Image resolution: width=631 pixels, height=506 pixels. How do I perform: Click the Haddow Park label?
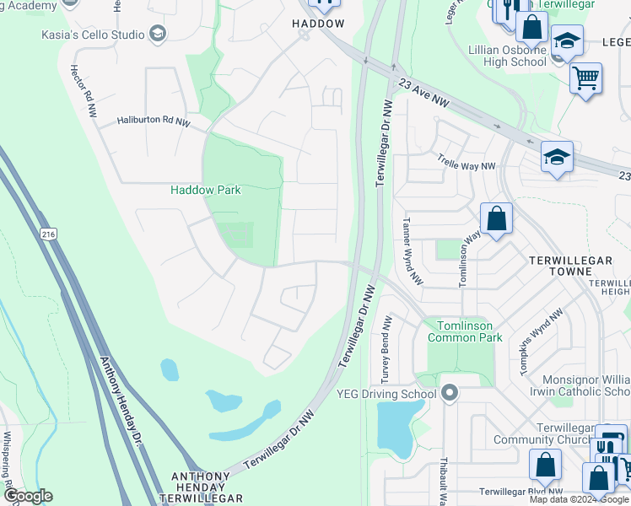coord(206,190)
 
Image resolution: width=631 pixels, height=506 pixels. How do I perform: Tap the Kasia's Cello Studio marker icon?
coord(156,35)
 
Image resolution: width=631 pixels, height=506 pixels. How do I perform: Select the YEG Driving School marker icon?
coord(449,393)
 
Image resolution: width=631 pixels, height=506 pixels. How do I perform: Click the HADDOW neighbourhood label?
coord(318,24)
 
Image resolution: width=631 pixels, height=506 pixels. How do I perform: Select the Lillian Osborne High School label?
coord(506,57)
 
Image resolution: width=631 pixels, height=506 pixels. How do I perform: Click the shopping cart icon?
coord(585,78)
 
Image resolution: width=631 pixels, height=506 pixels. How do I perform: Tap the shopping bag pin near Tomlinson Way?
coord(498,219)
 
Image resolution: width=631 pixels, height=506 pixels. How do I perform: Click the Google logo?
coord(28,496)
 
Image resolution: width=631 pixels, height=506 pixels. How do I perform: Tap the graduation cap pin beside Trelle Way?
coord(557,158)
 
